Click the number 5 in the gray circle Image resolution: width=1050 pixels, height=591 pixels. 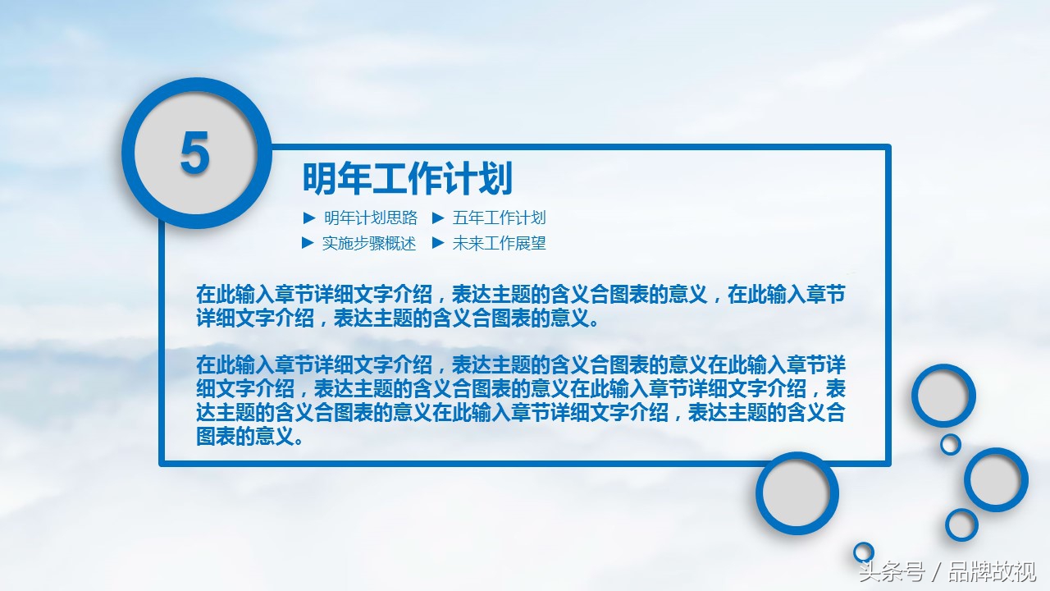tap(194, 153)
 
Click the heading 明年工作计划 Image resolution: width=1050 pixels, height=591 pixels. tap(408, 178)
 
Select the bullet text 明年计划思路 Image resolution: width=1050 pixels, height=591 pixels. tap(370, 218)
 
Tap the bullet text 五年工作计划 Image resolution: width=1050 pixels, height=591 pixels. tap(499, 218)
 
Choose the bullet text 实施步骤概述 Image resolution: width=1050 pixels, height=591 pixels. tap(369, 243)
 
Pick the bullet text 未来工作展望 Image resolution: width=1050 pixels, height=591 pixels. tap(499, 243)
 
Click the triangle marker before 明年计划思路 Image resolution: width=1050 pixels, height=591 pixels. tap(309, 218)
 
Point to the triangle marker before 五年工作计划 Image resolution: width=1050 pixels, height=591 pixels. tap(438, 218)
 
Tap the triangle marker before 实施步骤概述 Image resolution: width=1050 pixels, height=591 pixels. tap(308, 243)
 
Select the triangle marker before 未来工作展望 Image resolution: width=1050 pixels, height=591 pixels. tap(438, 243)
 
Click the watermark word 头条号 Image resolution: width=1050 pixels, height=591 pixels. tap(892, 572)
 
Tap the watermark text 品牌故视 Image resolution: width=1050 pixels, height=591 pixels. tap(992, 572)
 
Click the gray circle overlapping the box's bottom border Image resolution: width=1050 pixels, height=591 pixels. tap(797, 493)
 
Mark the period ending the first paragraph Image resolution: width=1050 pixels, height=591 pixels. tap(595, 323)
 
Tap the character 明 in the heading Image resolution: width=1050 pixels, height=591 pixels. tap(320, 178)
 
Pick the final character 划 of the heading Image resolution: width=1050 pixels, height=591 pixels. tap(496, 178)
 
